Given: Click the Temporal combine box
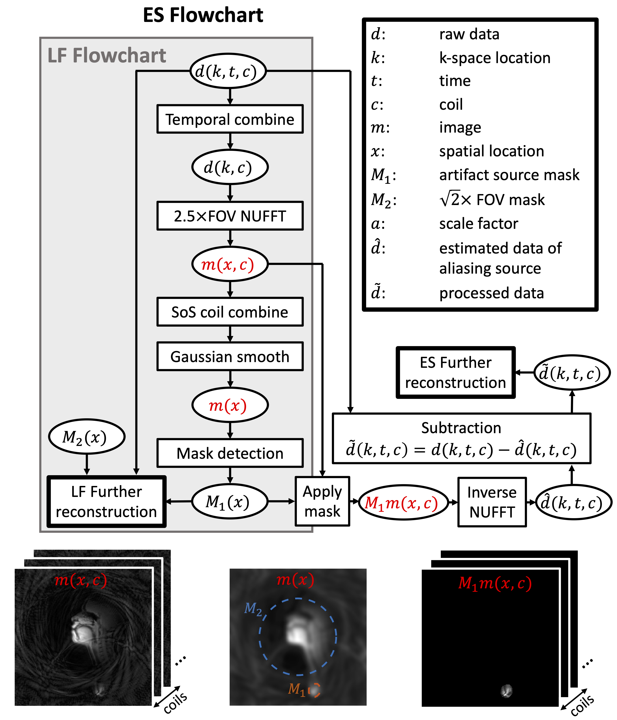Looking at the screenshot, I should (230, 119).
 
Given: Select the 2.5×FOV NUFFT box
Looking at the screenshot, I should (230, 216).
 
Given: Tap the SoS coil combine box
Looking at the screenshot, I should (230, 312).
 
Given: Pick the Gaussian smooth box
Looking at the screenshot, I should (230, 357).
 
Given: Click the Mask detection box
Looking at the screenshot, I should (230, 453).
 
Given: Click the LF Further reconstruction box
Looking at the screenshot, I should (106, 501).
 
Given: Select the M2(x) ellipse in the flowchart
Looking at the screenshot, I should (87, 437).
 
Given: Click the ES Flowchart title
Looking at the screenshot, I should (203, 15).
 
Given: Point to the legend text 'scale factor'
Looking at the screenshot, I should (478, 224).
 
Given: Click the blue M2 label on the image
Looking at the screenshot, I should (253, 608).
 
